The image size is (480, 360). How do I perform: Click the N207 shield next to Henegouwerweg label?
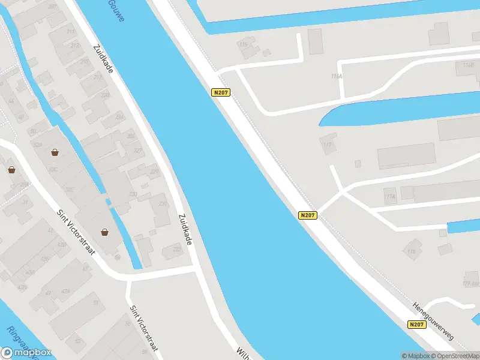[418, 325]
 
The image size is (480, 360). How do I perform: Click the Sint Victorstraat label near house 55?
[145, 328]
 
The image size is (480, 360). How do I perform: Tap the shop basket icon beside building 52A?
[55, 152]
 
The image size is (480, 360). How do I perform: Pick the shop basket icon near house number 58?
[105, 232]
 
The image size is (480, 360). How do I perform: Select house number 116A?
[336, 76]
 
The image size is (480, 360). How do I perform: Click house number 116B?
[469, 64]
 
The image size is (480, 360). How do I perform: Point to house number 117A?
[389, 196]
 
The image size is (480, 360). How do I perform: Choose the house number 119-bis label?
[470, 283]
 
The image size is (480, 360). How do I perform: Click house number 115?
[244, 44]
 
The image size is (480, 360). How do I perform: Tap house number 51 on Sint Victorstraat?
[95, 303]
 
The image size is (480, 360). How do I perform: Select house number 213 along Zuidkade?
[74, 46]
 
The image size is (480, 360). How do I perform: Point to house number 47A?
[65, 291]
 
